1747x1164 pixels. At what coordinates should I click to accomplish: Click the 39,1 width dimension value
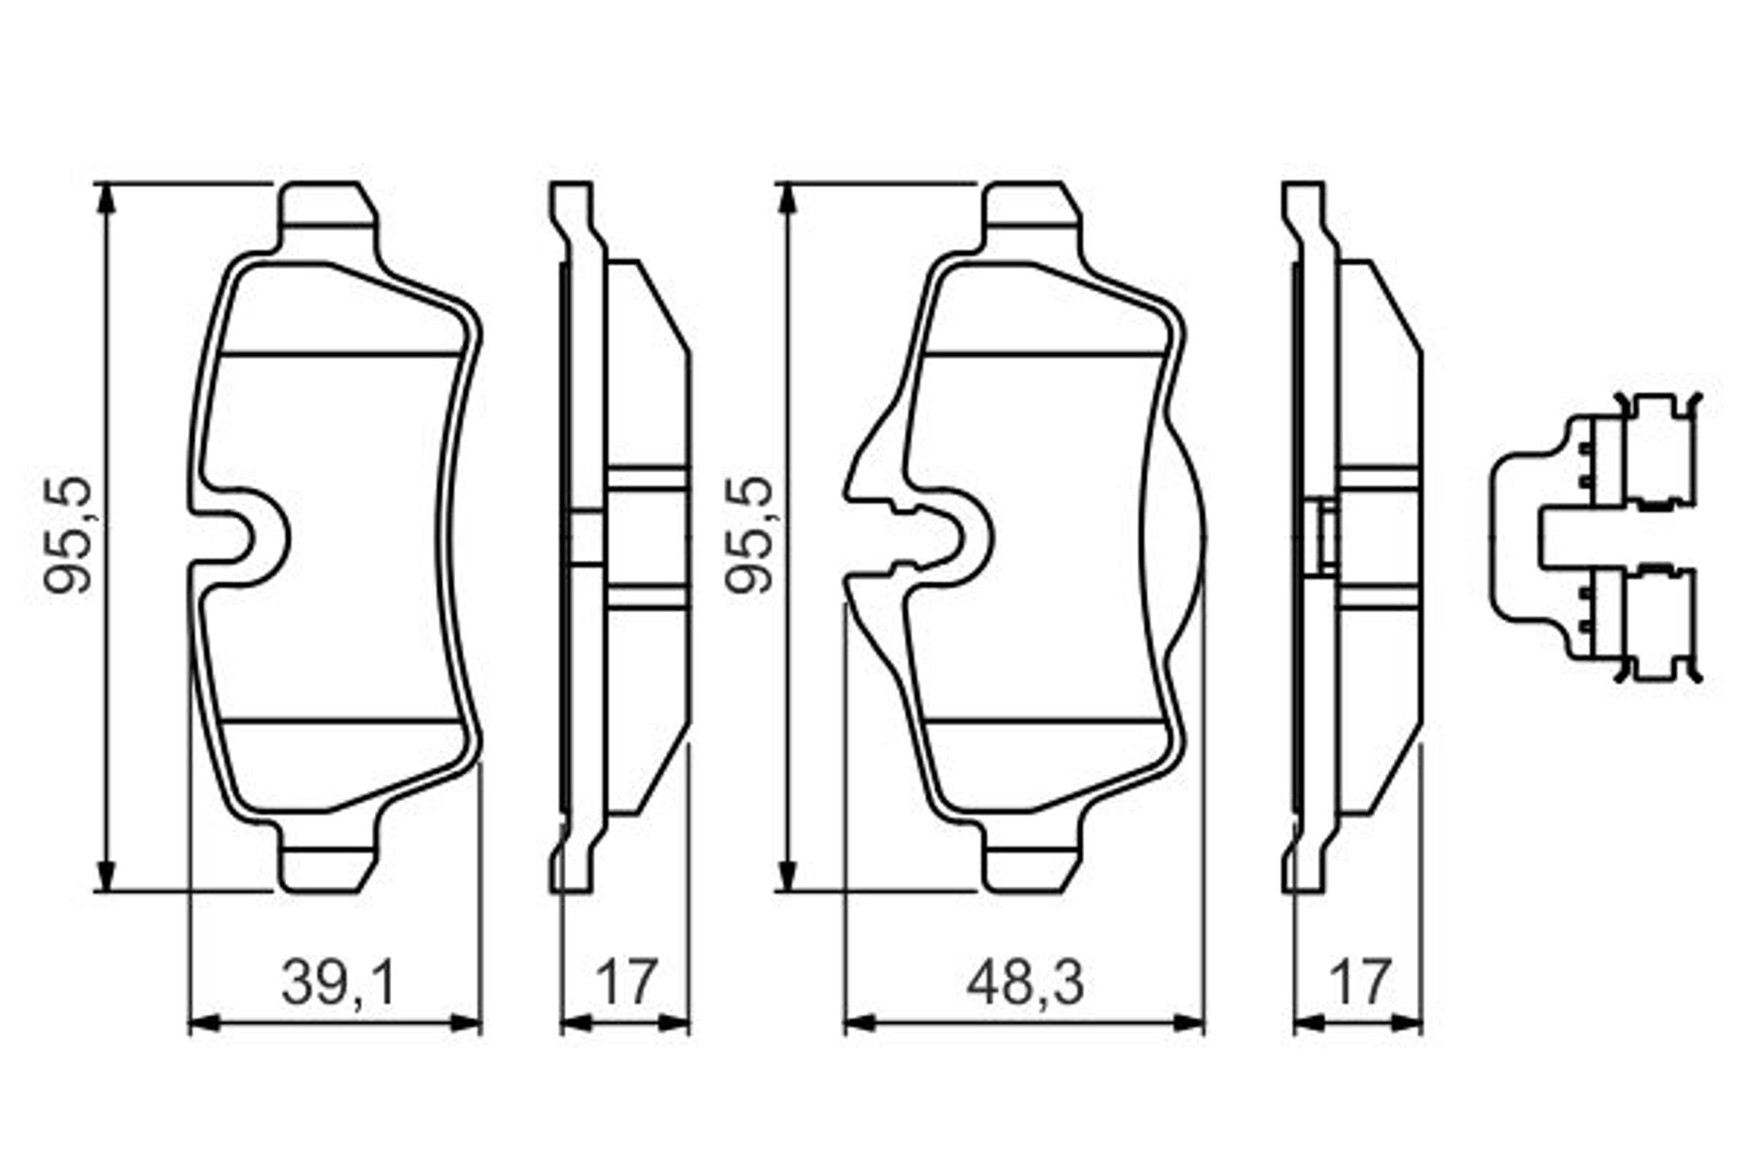339,982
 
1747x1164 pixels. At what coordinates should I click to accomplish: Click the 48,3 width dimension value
1026,982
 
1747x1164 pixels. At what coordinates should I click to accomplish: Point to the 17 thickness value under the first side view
626,982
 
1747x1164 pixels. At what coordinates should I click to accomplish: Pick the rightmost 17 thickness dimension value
1360,982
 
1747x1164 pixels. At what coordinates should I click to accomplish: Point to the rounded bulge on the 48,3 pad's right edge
1181,538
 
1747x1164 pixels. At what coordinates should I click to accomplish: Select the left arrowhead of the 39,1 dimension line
205,1023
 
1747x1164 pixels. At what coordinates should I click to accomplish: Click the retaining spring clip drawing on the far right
1597,538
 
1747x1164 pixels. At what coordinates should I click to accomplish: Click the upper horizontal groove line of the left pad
340,354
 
